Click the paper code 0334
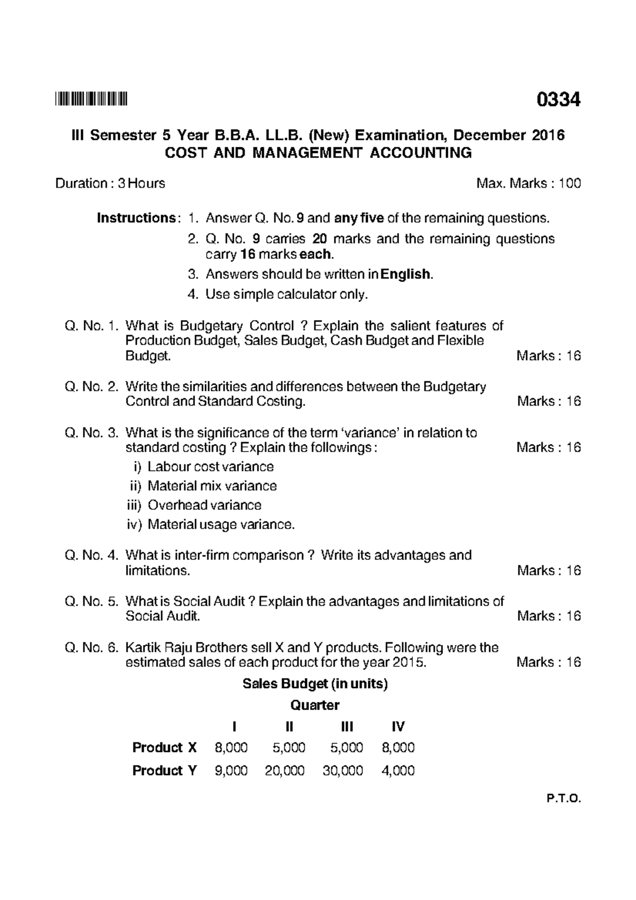click(x=559, y=99)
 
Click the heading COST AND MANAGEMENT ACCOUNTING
click(x=318, y=153)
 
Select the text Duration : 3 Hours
click(x=110, y=183)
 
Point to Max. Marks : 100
click(x=528, y=183)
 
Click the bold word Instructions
click(x=136, y=218)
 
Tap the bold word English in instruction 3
click(x=405, y=274)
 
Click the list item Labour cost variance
click(x=210, y=466)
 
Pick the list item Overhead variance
click(x=204, y=505)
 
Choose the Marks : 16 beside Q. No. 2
click(x=549, y=401)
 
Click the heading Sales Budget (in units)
click(x=315, y=684)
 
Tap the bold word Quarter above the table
click(x=315, y=705)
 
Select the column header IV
click(x=398, y=726)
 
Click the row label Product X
click(x=164, y=747)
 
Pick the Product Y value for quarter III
click(x=342, y=770)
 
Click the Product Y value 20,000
click(x=285, y=770)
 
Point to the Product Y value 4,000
click(x=398, y=770)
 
